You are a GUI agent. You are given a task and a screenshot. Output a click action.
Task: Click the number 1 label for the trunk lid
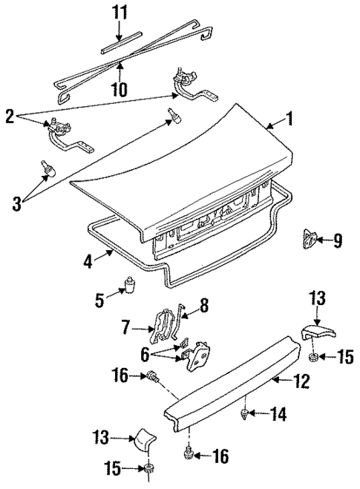pos(290,118)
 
